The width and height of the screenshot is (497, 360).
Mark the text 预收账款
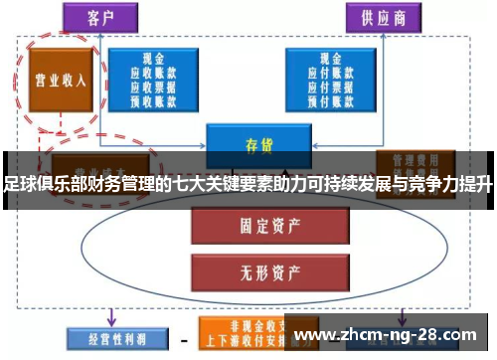click(x=153, y=99)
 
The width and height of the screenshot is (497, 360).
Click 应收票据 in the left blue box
click(x=153, y=87)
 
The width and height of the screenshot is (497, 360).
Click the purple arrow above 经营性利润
click(x=109, y=315)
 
